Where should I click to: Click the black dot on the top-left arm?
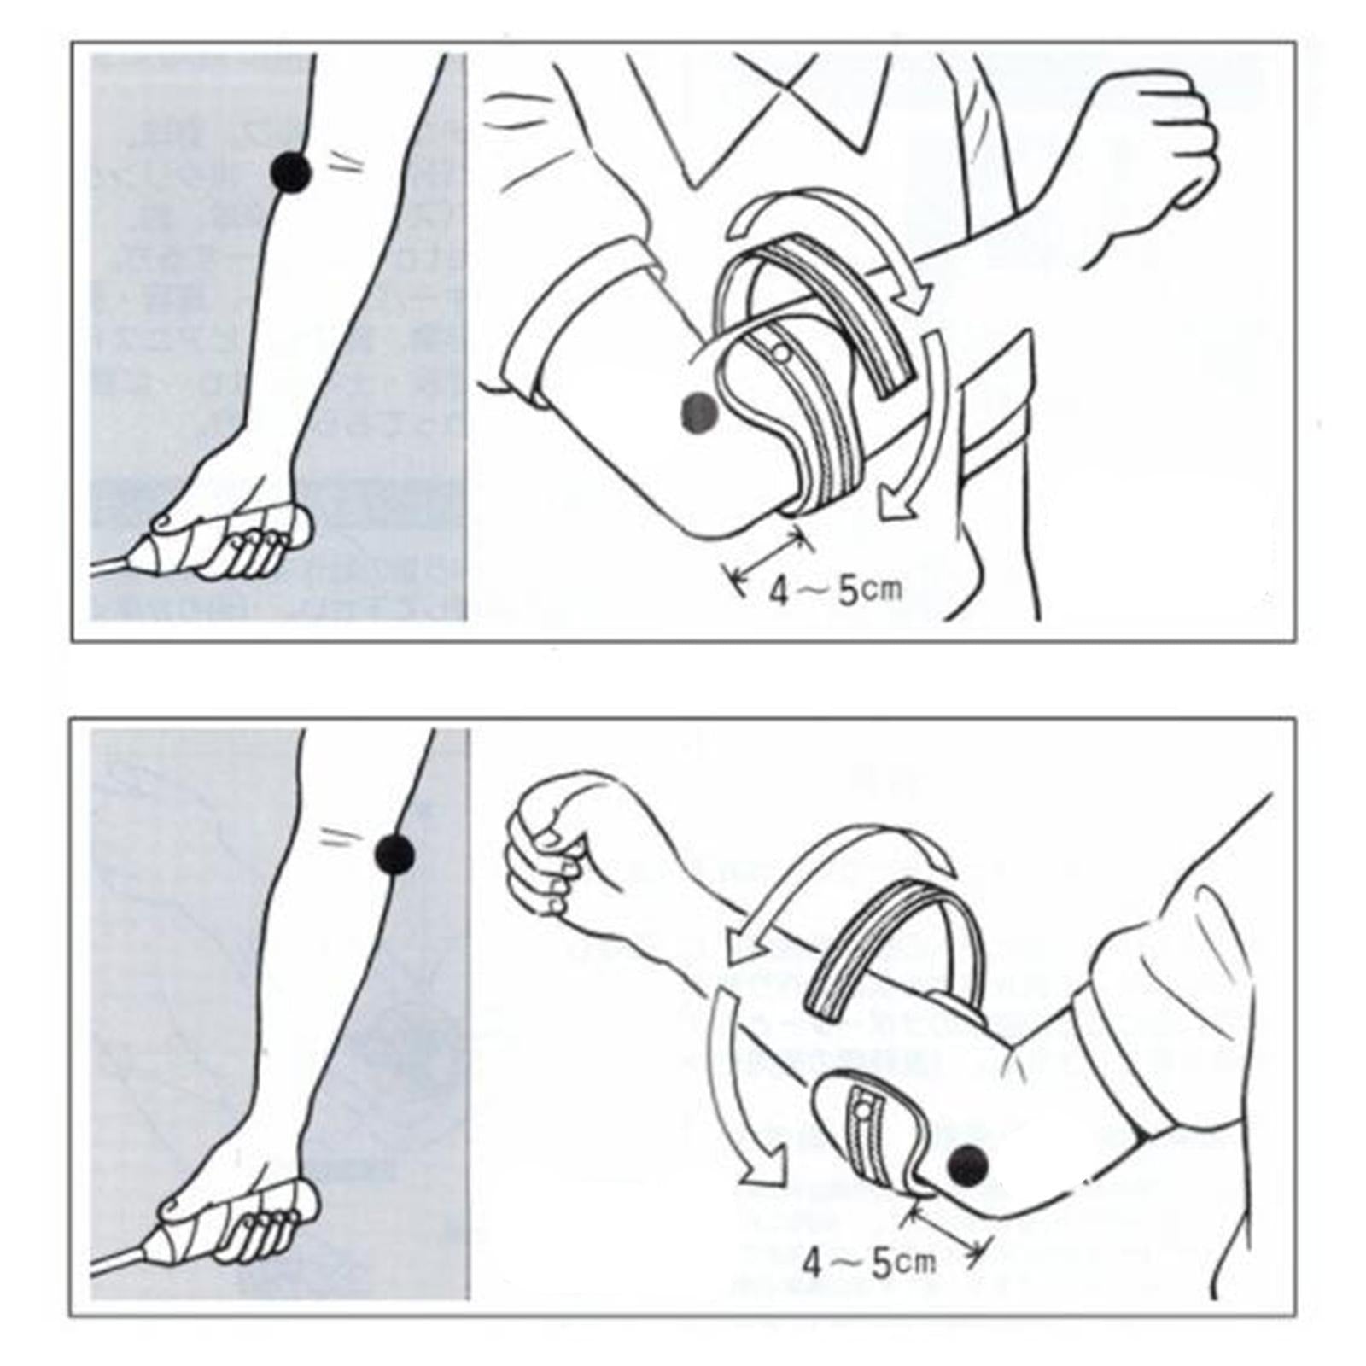[290, 173]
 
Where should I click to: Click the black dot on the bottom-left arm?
[394, 854]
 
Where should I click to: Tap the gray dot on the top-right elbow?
[699, 412]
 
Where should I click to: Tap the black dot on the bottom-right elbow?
[968, 1164]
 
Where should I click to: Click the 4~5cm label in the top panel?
[836, 591]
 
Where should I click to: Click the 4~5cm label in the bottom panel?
[869, 1263]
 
